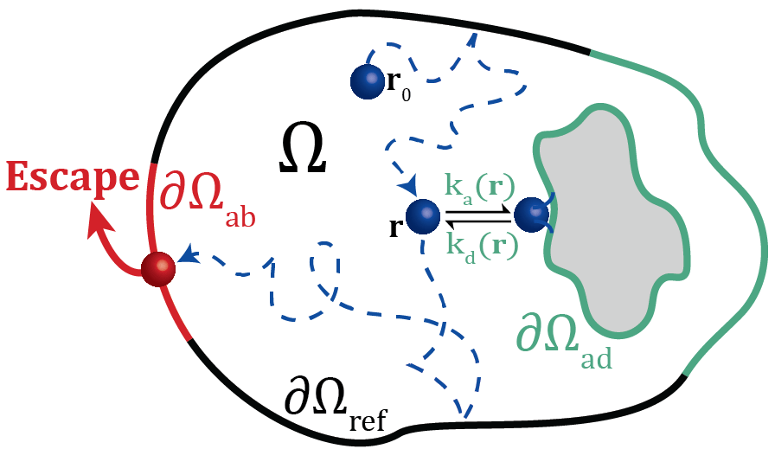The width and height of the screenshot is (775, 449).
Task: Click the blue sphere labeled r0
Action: pyautogui.click(x=367, y=81)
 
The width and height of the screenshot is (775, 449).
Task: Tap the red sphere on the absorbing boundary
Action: pyautogui.click(x=158, y=268)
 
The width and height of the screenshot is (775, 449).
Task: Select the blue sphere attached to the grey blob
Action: pyautogui.click(x=531, y=215)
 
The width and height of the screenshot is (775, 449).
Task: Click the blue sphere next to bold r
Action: pyautogui.click(x=423, y=216)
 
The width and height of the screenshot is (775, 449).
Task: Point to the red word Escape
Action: pyautogui.click(x=73, y=177)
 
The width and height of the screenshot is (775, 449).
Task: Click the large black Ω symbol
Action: pyautogui.click(x=304, y=151)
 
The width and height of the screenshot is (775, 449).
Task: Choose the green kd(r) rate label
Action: pyautogui.click(x=481, y=245)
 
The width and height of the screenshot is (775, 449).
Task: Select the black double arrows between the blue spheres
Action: pyautogui.click(x=477, y=215)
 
